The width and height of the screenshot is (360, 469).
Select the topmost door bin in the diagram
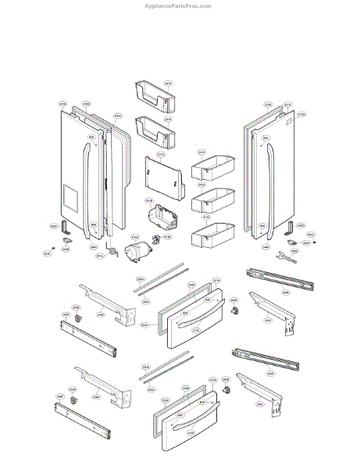click(x=154, y=94)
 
